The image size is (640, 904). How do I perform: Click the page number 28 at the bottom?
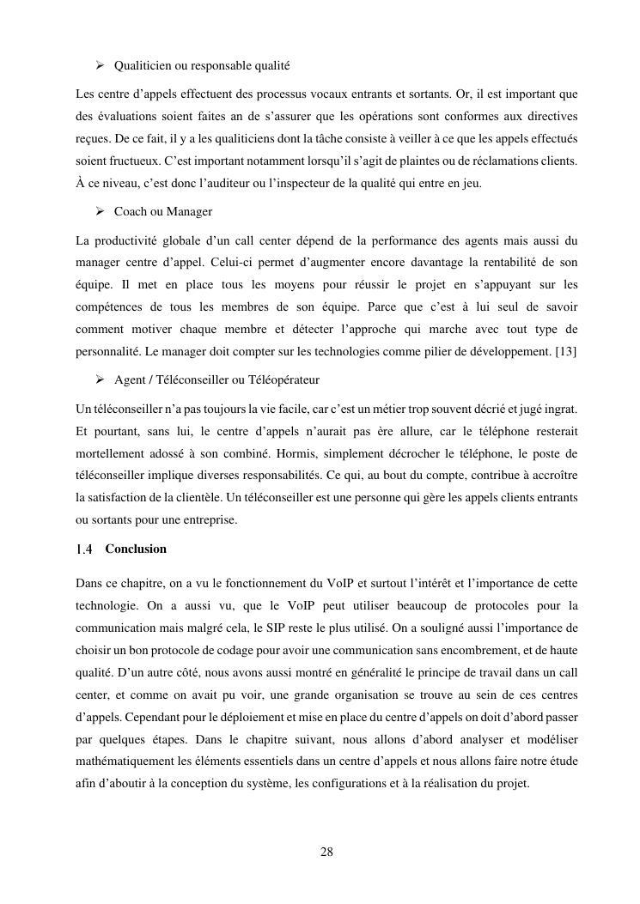(326, 852)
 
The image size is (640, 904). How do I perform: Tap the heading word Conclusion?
(136, 549)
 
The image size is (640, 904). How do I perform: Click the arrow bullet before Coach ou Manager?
(100, 211)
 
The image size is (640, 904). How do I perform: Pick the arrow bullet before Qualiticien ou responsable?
(100, 65)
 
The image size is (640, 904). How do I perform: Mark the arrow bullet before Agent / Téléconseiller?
(100, 379)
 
